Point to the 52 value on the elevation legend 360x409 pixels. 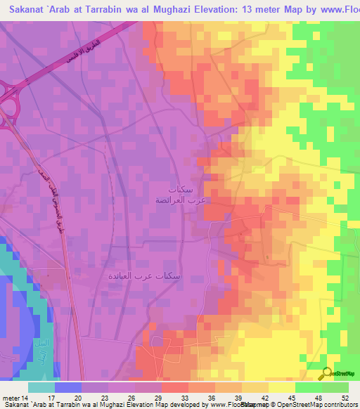[344, 398]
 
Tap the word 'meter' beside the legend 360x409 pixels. [11, 398]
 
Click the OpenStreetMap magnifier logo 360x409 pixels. [327, 373]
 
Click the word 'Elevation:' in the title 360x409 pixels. [194, 11]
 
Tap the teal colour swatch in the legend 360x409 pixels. [41, 387]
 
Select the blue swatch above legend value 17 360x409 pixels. [67, 387]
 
